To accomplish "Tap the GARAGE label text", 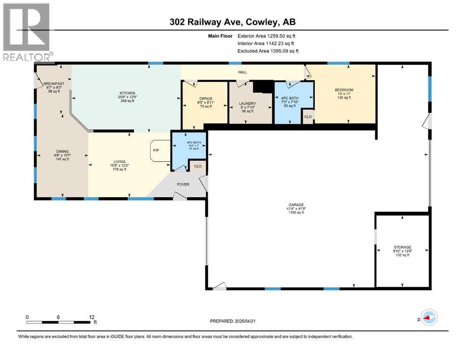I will tap(296, 205).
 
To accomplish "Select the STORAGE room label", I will tap(402, 247).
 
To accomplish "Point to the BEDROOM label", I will tap(344, 90).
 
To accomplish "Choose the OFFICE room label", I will tap(206, 98).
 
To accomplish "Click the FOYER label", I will tap(183, 184).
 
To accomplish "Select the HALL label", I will tap(242, 72).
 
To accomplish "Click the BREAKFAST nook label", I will tap(53, 84).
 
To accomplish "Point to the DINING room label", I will tap(62, 151).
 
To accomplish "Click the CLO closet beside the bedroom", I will tap(308, 117).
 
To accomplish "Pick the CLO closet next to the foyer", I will tap(198, 166).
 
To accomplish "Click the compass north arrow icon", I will tap(428, 317).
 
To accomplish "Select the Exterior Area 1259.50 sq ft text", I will tap(266, 36).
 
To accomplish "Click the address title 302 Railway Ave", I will tap(232, 22).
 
